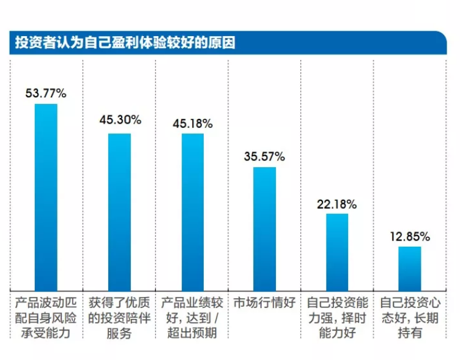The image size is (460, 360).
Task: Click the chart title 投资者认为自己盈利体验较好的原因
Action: point(125,43)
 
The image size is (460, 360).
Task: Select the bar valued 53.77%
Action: point(46,196)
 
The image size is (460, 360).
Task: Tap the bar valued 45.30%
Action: point(120,211)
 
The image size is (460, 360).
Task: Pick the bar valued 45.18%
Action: point(193,211)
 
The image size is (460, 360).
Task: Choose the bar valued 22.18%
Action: point(337,250)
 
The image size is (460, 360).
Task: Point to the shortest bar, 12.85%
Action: point(409,267)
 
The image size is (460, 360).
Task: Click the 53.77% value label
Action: point(46,93)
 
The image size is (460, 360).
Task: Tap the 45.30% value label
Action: point(120,120)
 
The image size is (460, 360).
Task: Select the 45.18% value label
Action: point(192,123)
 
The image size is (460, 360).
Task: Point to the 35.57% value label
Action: point(264,156)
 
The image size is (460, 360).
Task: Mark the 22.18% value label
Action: point(337,204)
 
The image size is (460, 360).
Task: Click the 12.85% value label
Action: point(409,236)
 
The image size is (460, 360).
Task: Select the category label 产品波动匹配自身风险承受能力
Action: point(46,318)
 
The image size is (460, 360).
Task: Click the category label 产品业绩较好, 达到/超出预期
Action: point(192,318)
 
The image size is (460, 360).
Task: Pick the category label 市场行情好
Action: point(264,303)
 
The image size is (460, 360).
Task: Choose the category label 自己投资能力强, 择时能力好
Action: point(337,318)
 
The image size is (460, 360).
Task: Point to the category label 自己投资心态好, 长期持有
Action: point(409,318)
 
